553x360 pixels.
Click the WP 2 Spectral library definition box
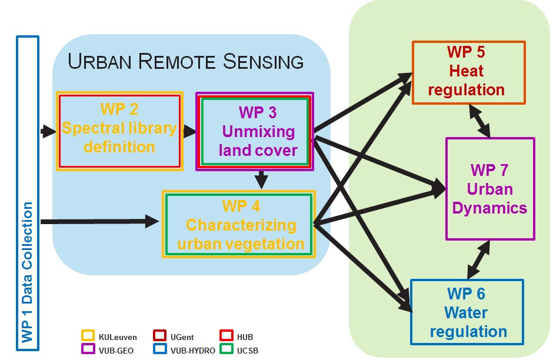click(x=119, y=131)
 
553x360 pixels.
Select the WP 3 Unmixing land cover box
click(x=254, y=131)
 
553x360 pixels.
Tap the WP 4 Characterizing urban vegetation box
click(x=239, y=224)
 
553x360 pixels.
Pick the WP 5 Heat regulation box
click(x=468, y=72)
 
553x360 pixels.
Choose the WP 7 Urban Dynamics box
click(x=489, y=189)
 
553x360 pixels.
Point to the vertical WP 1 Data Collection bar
click(x=27, y=194)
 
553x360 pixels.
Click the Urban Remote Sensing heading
click(x=186, y=62)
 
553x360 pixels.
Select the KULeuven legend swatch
click(x=88, y=336)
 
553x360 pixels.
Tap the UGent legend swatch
click(x=160, y=336)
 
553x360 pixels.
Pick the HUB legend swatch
click(x=226, y=336)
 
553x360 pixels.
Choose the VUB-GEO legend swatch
click(x=88, y=348)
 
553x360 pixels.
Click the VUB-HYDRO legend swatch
click(x=160, y=348)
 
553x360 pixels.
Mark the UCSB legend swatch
click(x=226, y=348)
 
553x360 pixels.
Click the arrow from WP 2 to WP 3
click(x=189, y=131)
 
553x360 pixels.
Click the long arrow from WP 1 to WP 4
click(x=100, y=222)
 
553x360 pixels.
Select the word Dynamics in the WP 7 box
click(x=490, y=208)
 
